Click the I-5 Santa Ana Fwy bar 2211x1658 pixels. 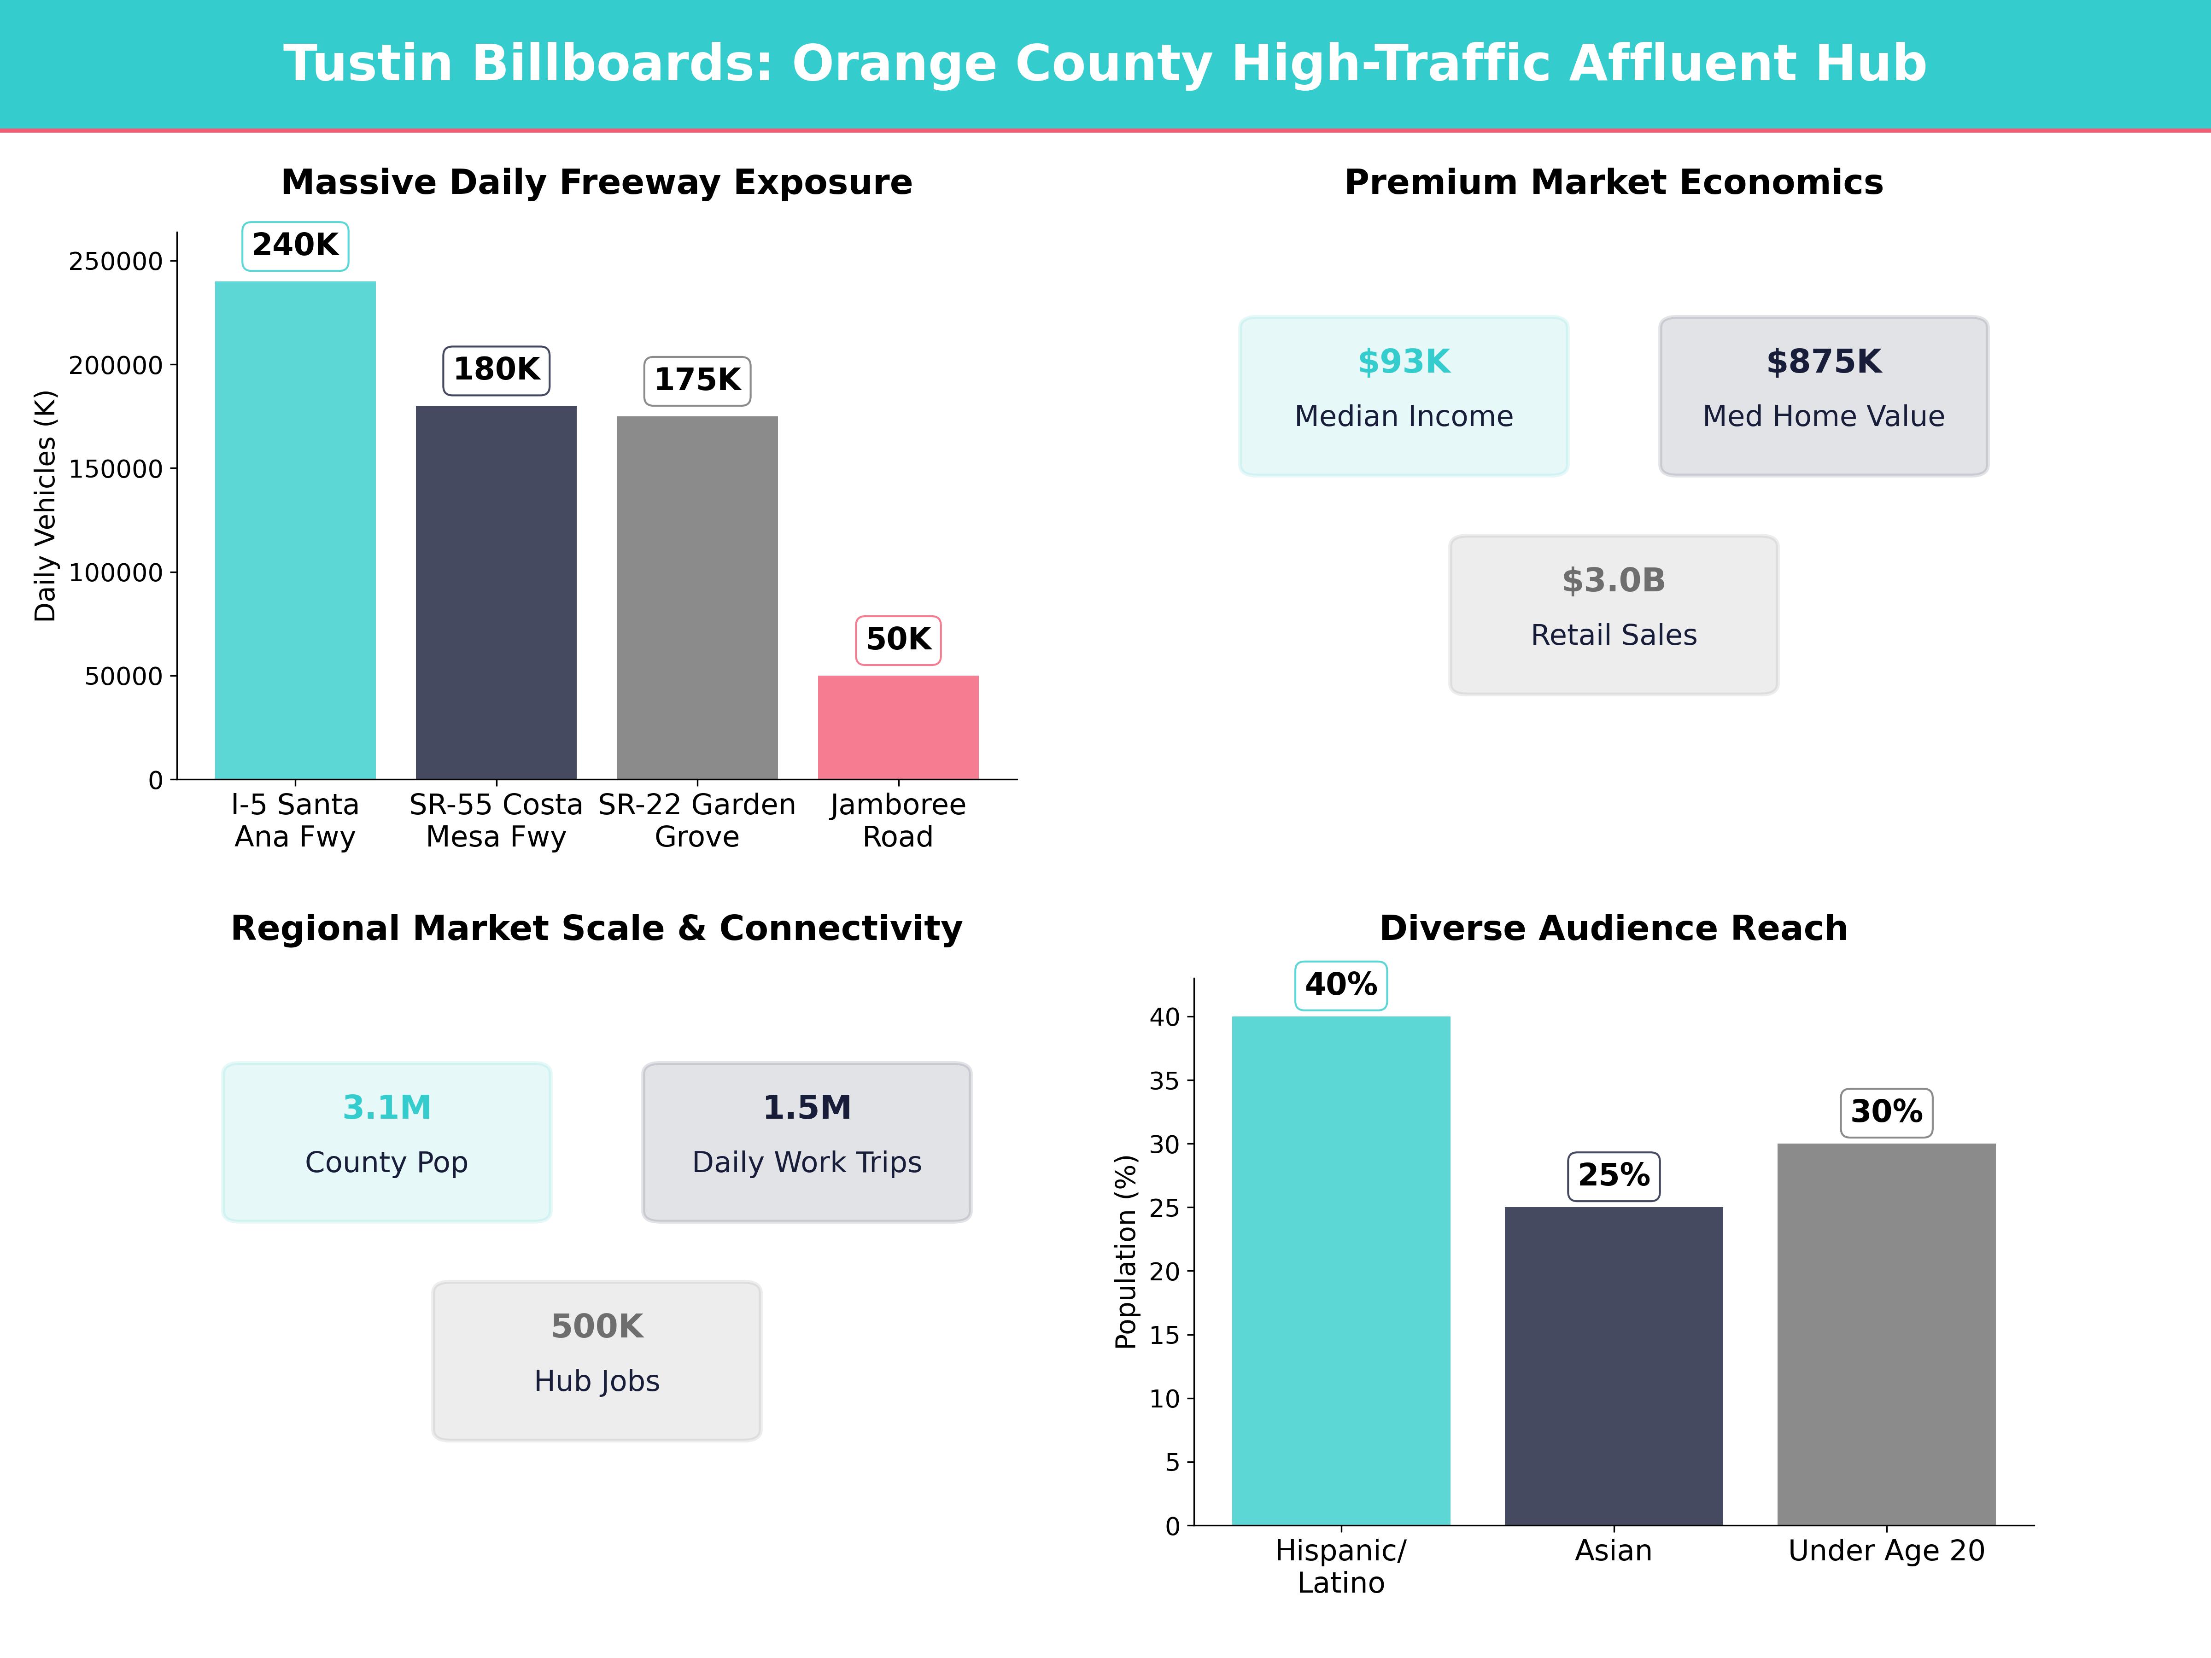[295, 530]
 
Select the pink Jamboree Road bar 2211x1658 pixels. [898, 728]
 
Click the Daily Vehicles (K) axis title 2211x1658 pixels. [45, 506]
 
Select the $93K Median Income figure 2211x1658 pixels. [1404, 362]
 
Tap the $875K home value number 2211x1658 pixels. [1823, 362]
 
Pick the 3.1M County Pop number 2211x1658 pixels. [387, 1107]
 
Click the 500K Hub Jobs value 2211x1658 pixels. [597, 1326]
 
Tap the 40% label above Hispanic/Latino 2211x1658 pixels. [1340, 986]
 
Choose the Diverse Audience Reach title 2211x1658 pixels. [1613, 928]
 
